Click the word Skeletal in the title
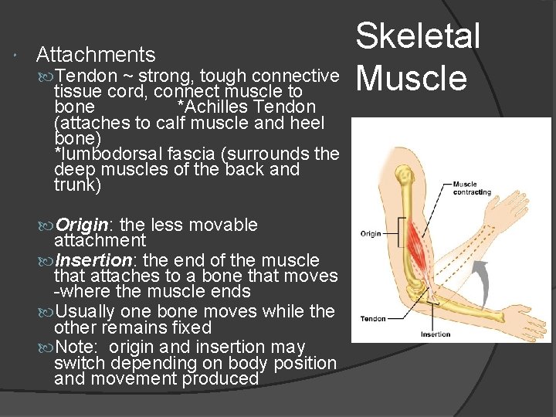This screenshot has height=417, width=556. (418, 37)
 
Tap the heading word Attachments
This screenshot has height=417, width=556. (96, 55)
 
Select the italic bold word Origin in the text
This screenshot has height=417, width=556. (83, 225)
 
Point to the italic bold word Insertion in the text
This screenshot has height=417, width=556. (93, 260)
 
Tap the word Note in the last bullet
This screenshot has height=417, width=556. (74, 347)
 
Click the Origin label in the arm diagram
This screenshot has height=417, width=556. (371, 232)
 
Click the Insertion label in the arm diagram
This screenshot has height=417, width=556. (436, 334)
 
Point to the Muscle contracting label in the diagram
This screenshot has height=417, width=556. (471, 188)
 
